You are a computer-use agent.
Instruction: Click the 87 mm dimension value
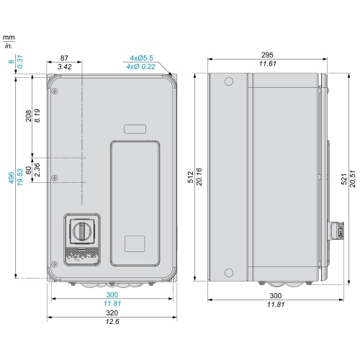tap(64, 58)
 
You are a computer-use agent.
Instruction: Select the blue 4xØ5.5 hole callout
tap(141, 58)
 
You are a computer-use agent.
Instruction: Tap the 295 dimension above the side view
tap(267, 55)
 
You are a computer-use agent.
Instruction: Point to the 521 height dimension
tap(344, 179)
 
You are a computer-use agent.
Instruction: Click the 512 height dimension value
tap(191, 177)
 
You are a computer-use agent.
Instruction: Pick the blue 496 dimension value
tap(12, 178)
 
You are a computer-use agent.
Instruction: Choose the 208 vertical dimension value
tap(29, 116)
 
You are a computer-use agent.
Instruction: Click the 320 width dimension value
tap(112, 312)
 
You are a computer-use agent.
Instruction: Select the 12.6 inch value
tap(112, 321)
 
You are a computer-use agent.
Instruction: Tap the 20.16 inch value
tap(199, 177)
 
